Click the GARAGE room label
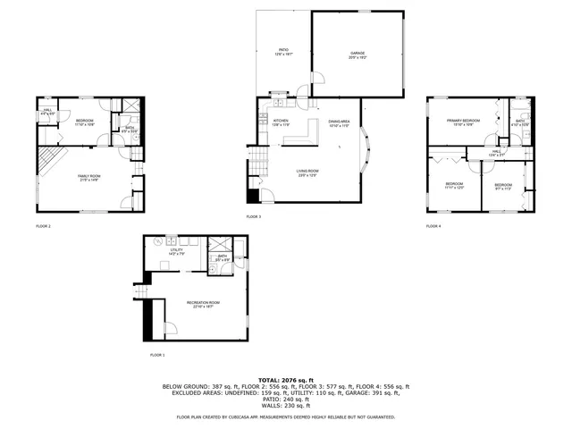point(357,55)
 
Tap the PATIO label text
point(283,53)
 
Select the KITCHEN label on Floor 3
point(279,122)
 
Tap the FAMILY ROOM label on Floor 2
point(89,177)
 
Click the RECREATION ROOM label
point(204,304)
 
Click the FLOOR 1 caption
point(157,356)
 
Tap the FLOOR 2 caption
point(43,226)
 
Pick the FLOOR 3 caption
point(253,216)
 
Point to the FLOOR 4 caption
point(433,226)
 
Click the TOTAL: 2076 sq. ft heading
point(286,380)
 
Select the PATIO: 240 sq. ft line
point(286,400)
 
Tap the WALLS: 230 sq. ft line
point(286,407)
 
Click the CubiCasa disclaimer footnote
point(286,416)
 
